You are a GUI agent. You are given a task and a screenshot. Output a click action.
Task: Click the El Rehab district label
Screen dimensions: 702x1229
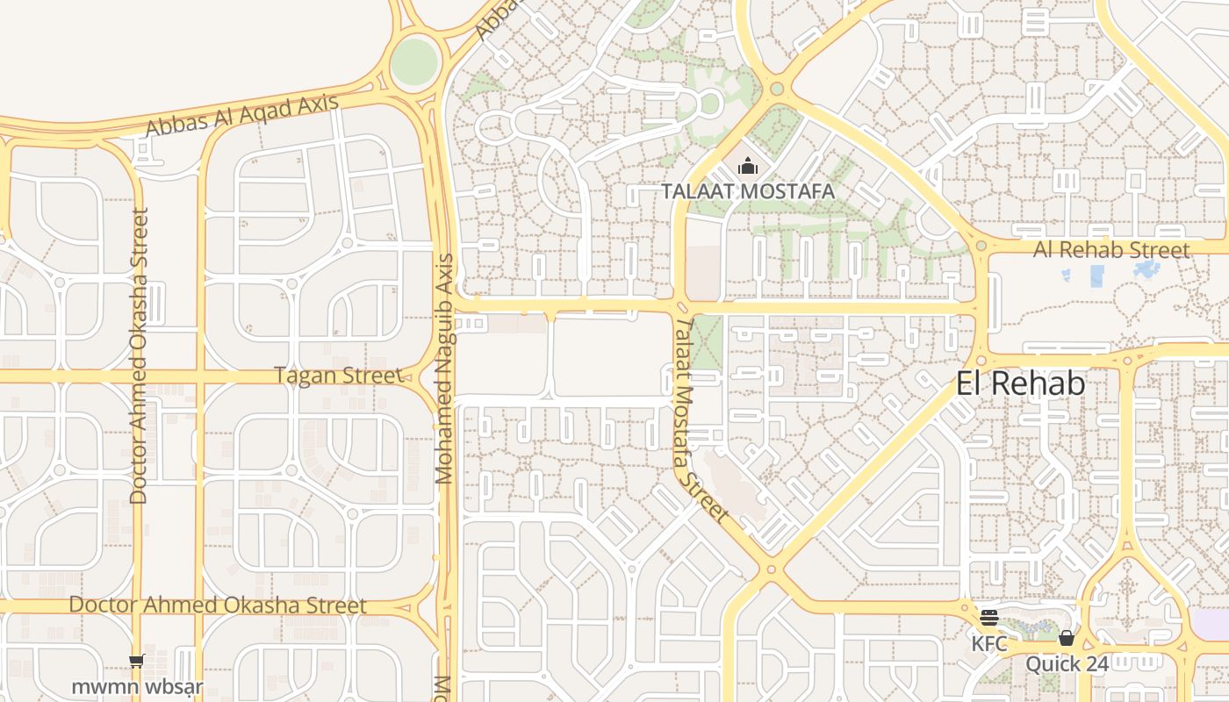click(x=1020, y=383)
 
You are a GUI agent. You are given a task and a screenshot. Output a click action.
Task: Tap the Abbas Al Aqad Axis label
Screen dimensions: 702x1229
click(x=241, y=115)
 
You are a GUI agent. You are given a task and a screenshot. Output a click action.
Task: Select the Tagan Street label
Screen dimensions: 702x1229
click(x=337, y=376)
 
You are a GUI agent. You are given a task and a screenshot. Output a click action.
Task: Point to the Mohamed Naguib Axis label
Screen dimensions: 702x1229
click(x=446, y=369)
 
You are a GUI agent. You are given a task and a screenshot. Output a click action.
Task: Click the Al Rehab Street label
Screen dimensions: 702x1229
click(x=1111, y=249)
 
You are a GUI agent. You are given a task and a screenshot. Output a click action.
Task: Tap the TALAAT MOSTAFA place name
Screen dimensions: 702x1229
click(x=747, y=190)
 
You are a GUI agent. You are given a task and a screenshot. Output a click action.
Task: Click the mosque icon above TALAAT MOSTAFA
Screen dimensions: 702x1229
click(x=747, y=166)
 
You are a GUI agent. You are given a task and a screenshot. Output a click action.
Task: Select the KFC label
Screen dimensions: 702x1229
click(x=989, y=643)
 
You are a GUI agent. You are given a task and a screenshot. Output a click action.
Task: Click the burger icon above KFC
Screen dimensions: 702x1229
click(x=989, y=618)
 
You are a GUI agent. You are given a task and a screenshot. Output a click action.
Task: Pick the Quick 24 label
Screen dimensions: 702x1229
click(x=1067, y=664)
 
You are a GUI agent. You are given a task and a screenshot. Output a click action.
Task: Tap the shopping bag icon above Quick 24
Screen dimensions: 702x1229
click(x=1067, y=638)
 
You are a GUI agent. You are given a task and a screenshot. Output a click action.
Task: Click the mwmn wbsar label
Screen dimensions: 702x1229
click(x=137, y=685)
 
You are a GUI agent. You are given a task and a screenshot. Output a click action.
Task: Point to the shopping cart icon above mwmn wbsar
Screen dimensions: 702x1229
click(x=136, y=661)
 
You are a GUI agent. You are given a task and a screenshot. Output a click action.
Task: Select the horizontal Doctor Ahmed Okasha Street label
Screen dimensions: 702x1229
click(x=218, y=605)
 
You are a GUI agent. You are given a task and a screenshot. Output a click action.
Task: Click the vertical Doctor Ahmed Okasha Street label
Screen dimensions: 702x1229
click(x=139, y=355)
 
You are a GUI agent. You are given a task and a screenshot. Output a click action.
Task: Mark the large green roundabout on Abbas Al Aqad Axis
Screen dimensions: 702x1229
click(x=413, y=61)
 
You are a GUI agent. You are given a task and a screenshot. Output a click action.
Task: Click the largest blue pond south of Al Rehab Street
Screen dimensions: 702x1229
click(x=1097, y=276)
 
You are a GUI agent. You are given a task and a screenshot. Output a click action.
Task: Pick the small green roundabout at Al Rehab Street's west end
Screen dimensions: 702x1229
click(x=981, y=247)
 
